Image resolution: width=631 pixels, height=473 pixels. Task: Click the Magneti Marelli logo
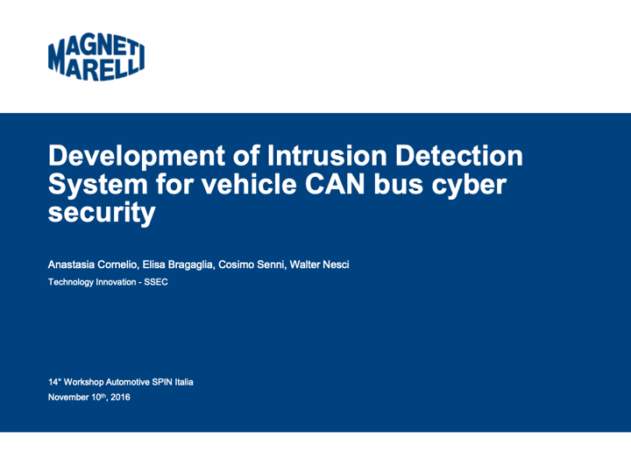tap(96, 56)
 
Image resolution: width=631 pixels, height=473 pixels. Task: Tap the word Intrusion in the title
tap(327, 155)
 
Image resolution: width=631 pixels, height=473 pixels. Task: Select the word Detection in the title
tap(459, 155)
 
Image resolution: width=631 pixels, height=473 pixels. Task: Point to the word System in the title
tap(98, 186)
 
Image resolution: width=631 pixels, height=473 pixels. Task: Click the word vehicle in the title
tap(249, 184)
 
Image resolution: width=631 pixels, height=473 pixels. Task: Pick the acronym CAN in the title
tap(335, 184)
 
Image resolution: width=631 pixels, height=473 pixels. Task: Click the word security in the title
tap(102, 214)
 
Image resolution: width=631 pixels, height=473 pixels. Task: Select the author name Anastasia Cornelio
tap(93, 265)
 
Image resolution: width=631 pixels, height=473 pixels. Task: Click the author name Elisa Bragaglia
tap(177, 265)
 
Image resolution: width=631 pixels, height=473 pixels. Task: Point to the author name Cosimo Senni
tap(252, 265)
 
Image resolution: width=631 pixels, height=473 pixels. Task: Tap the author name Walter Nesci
tap(320, 265)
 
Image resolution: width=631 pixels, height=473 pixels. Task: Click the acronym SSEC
tap(156, 282)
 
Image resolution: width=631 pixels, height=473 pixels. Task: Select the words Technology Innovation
tap(92, 282)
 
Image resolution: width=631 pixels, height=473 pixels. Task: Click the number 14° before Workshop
tap(54, 382)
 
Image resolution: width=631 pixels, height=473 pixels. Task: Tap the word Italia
tap(184, 382)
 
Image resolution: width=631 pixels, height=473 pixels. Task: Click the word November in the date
tap(68, 398)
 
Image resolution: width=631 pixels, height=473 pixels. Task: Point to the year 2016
tap(120, 398)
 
